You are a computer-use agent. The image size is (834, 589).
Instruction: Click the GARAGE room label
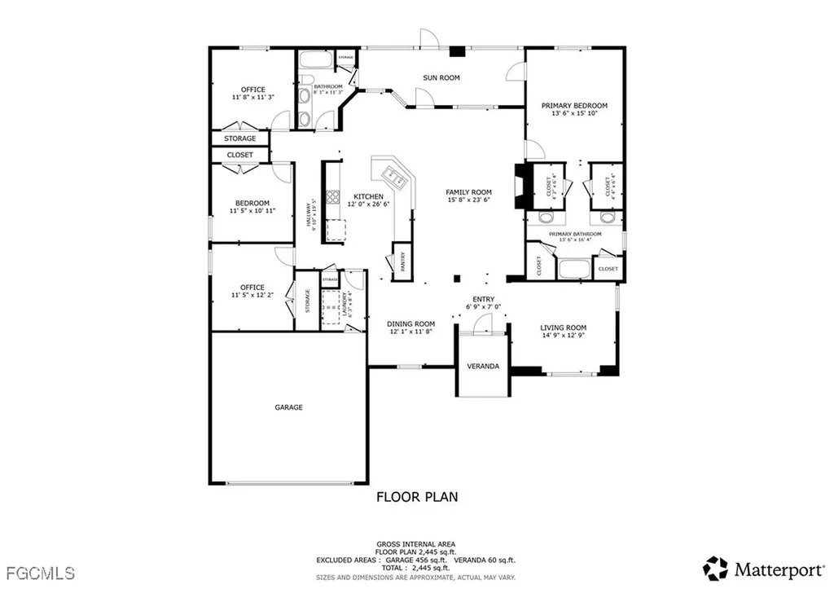point(288,407)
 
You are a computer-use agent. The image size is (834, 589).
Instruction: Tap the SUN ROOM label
point(441,78)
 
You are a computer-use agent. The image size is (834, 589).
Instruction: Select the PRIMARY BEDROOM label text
point(575,106)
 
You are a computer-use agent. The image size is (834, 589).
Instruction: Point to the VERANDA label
point(483,367)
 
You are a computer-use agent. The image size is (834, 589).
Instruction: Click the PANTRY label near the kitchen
point(402,262)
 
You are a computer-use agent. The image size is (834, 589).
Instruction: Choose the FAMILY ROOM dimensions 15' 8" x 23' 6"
point(468,200)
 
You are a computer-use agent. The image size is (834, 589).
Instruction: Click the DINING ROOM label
point(410,323)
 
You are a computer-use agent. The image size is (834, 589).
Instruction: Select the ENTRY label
point(484,299)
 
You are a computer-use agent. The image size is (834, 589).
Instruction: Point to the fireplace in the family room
point(520,187)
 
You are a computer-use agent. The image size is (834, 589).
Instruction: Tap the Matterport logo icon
point(715,567)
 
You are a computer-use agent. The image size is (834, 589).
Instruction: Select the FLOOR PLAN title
point(416,496)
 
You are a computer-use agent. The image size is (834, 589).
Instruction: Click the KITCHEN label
point(368,197)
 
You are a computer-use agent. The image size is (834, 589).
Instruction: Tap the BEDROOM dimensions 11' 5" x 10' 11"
point(252,211)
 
